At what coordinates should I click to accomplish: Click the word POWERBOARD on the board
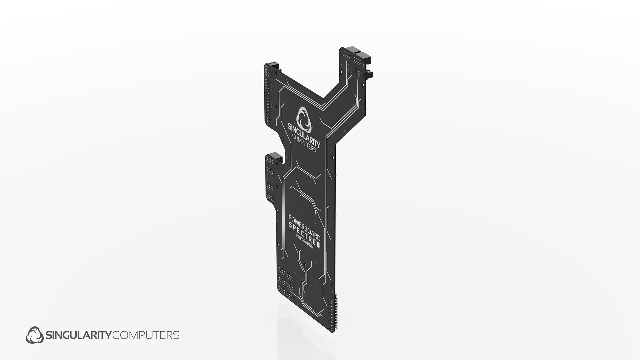[x=304, y=228]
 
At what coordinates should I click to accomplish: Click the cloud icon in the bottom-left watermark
[x=35, y=335]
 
